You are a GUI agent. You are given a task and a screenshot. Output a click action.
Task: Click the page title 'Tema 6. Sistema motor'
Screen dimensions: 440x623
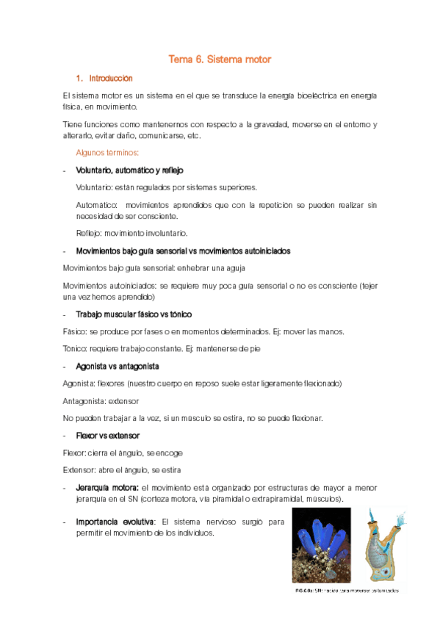[x=220, y=59]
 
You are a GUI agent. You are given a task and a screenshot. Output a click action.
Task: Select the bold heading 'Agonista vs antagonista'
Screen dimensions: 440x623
[x=118, y=366]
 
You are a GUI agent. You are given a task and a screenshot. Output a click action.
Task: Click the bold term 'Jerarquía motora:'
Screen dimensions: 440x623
[x=107, y=487]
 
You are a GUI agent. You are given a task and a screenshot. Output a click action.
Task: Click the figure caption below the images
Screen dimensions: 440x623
[x=347, y=590]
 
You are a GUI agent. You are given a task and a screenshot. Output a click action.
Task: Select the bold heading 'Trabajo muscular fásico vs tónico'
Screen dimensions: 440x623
[x=134, y=314]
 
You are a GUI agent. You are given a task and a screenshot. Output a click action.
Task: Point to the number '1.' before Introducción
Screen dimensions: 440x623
[x=79, y=78]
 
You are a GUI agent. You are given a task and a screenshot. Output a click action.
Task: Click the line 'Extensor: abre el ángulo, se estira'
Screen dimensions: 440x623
[x=122, y=469]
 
